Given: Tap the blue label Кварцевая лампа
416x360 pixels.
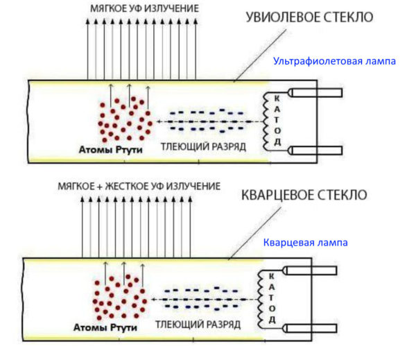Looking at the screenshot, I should coord(305,243).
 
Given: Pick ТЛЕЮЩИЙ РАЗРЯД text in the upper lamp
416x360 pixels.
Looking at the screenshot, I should coord(200,146).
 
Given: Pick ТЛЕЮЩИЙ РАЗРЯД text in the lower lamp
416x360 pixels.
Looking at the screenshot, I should coord(199,325).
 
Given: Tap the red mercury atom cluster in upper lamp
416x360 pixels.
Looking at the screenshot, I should coord(125,117).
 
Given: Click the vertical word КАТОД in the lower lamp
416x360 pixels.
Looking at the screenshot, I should coord(272,297).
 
